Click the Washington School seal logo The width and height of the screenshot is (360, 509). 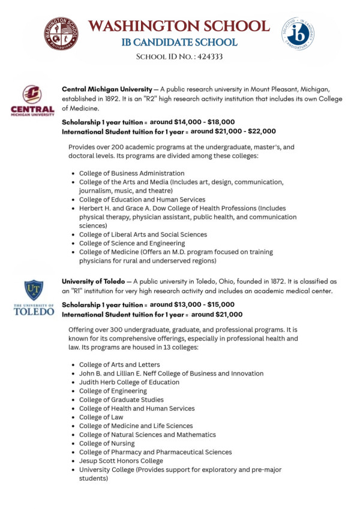(x=62, y=34)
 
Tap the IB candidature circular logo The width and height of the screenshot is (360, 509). (x=298, y=34)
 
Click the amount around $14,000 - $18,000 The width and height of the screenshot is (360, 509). (x=192, y=121)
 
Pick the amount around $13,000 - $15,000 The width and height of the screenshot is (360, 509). (x=192, y=305)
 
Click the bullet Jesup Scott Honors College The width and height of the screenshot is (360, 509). (x=121, y=461)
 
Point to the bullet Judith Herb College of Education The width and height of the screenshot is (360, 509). (x=129, y=382)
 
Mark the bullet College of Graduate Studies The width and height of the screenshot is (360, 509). (x=121, y=400)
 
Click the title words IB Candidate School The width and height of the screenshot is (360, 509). (x=179, y=43)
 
